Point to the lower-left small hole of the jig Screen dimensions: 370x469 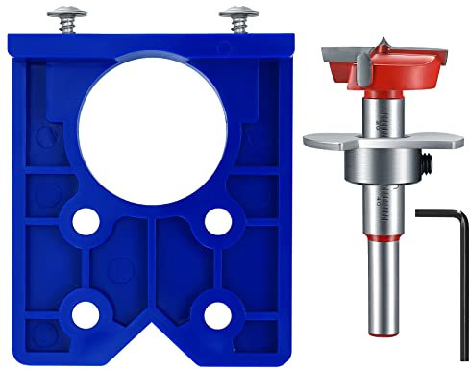click(85, 312)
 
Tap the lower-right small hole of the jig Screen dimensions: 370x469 click(210, 312)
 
